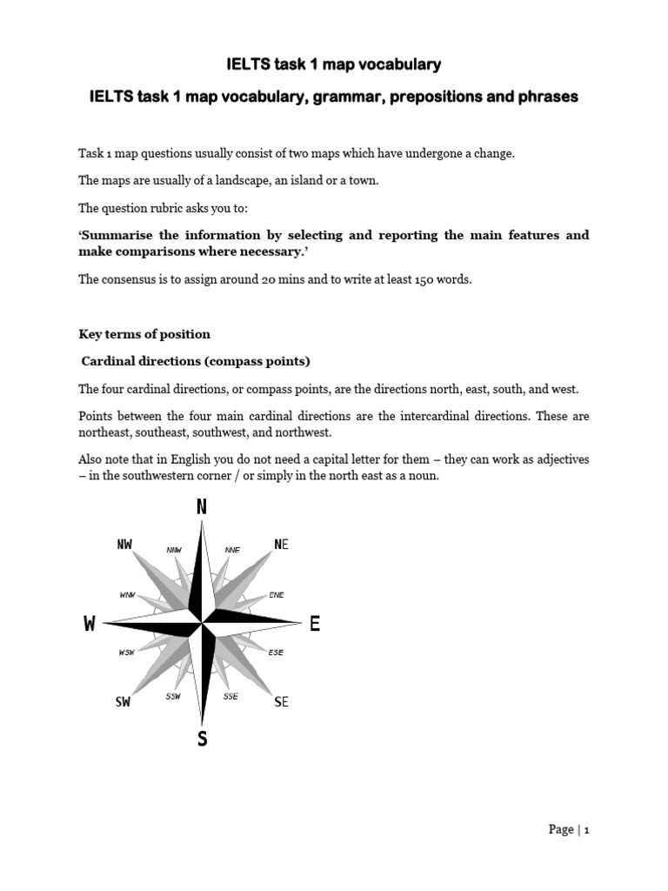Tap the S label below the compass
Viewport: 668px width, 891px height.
pyautogui.click(x=203, y=740)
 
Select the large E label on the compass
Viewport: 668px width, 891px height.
pyautogui.click(x=314, y=624)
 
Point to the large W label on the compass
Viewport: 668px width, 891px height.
pyautogui.click(x=90, y=624)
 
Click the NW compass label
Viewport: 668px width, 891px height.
pyautogui.click(x=124, y=545)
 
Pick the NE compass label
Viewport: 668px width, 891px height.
pyautogui.click(x=281, y=545)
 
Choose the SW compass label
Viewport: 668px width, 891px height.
pyautogui.click(x=123, y=702)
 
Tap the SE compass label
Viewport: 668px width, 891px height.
pyautogui.click(x=281, y=702)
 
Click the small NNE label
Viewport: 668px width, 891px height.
pyautogui.click(x=232, y=550)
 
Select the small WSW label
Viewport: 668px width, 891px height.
pyautogui.click(x=127, y=652)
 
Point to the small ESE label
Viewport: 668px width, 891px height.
pyautogui.click(x=276, y=652)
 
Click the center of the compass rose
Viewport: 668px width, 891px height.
pyautogui.click(x=202, y=623)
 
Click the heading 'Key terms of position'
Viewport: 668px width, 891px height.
pyautogui.click(x=144, y=334)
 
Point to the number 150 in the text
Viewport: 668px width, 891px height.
pyautogui.click(x=404, y=279)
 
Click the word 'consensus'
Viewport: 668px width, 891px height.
pyautogui.click(x=131, y=279)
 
